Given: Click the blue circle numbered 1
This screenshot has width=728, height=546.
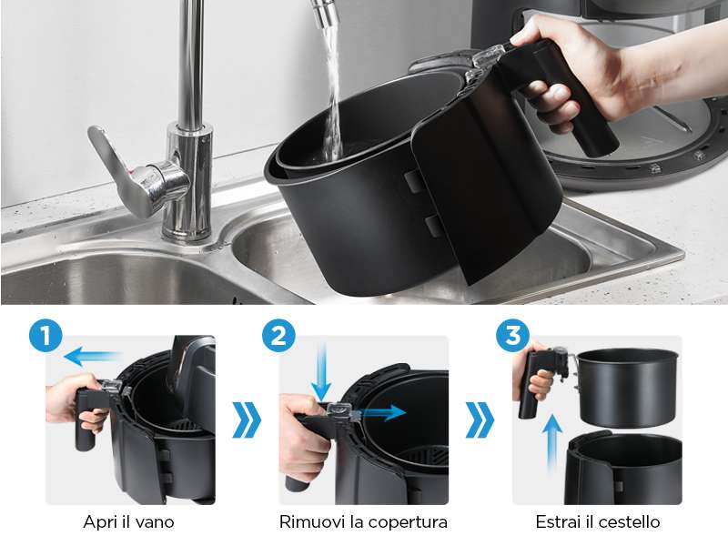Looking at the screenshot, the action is tap(45, 335).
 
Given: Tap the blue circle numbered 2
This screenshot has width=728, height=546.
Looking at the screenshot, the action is tap(278, 335).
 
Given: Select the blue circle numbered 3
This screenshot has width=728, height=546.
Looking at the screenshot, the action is tap(512, 335).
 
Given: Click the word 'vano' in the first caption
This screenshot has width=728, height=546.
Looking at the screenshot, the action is tap(155, 522).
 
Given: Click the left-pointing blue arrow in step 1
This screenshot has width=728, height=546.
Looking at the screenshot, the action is tap(93, 357).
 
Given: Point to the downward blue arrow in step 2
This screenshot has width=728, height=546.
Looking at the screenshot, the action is tap(321, 371).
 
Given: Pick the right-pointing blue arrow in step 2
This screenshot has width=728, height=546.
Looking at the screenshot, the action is tap(382, 412).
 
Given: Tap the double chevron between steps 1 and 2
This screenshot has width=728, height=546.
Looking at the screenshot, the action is tap(247, 420).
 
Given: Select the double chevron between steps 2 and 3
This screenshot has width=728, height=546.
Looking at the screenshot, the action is tap(480, 420).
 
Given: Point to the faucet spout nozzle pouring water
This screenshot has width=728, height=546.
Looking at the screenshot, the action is tap(322, 13).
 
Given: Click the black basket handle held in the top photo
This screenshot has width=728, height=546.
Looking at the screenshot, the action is tap(561, 97).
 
